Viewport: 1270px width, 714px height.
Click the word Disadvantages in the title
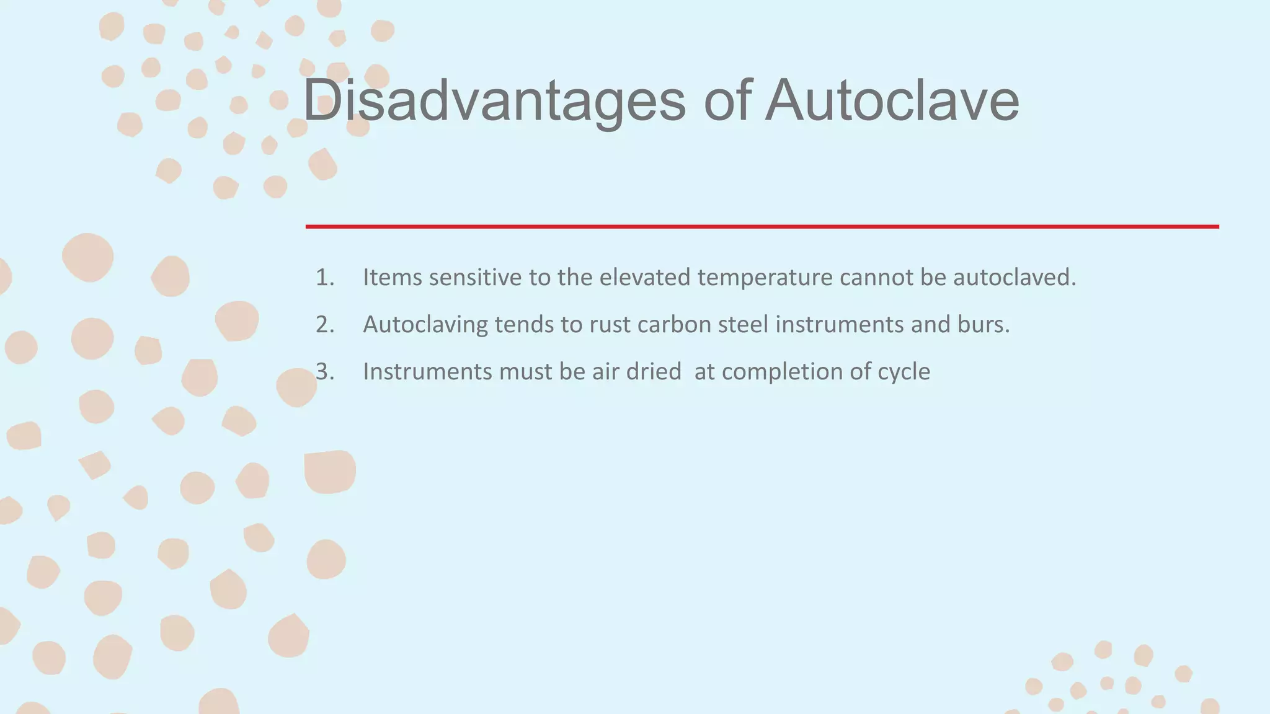[494, 100]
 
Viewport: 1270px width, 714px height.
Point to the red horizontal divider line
[762, 227]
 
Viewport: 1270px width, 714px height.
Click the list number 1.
[325, 278]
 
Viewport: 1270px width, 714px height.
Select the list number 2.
[325, 325]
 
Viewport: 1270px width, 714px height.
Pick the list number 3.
[325, 372]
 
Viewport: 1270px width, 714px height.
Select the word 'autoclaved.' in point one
[1015, 278]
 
